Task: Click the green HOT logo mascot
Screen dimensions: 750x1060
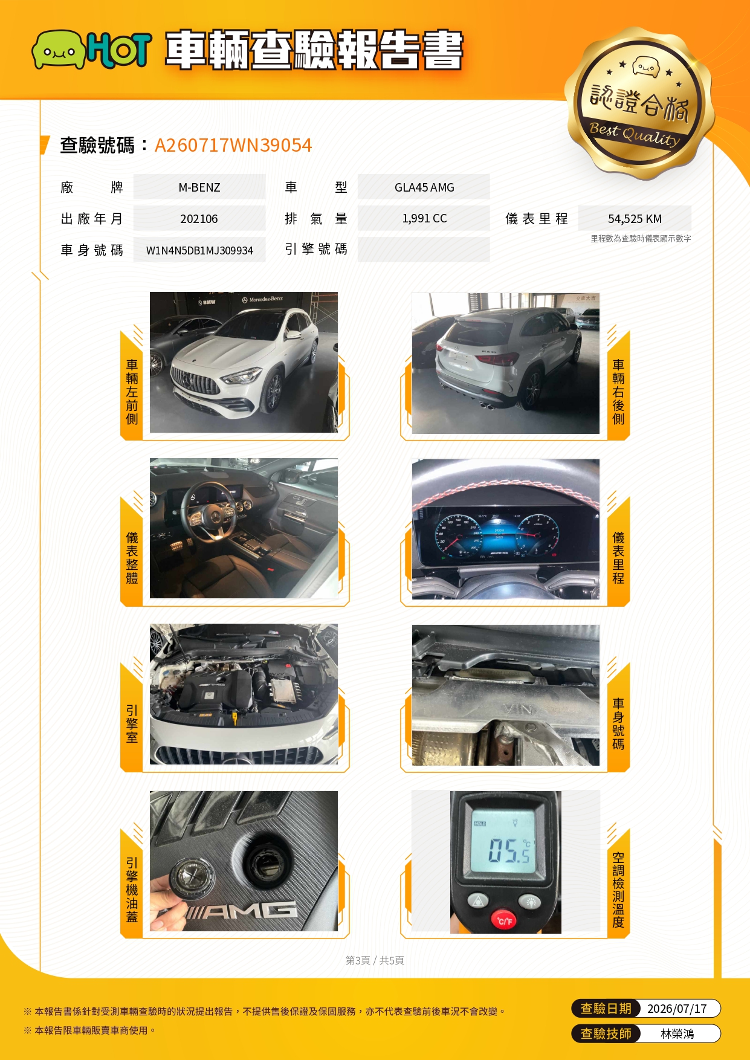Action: (x=59, y=50)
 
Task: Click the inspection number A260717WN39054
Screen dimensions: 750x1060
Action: (x=233, y=145)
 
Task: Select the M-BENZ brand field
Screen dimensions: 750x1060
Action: (x=199, y=187)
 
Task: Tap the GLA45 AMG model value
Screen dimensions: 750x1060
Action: (x=424, y=187)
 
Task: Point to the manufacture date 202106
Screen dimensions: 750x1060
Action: (x=199, y=219)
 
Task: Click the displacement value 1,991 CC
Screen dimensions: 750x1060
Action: (x=424, y=218)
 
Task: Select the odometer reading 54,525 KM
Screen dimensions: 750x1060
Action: (x=635, y=219)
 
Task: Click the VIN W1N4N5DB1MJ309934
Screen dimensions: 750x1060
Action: (x=199, y=250)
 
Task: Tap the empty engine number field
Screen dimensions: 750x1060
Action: (x=424, y=250)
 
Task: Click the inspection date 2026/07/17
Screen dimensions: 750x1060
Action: (x=677, y=1009)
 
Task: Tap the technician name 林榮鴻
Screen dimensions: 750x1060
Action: (x=677, y=1034)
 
